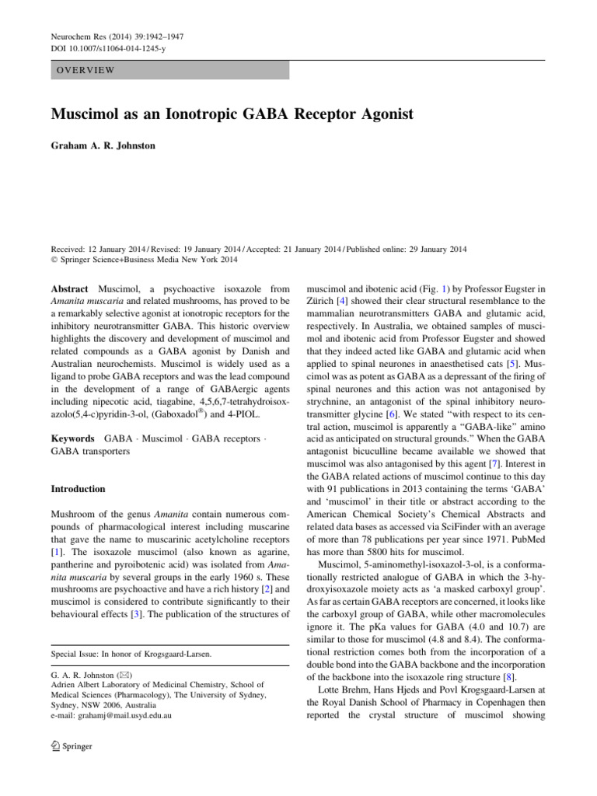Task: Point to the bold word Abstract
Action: coord(69,287)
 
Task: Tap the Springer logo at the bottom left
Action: coord(72,745)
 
